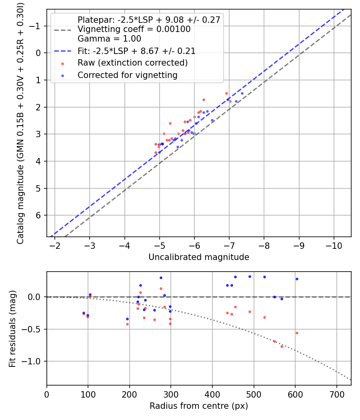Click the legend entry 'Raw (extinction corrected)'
tap(132, 63)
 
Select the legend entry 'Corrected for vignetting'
tap(127, 75)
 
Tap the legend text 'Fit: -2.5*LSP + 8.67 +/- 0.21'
tap(136, 51)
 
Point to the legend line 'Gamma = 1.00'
tap(109, 39)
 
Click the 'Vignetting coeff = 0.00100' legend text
tap(134, 29)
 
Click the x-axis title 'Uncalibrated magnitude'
tap(199, 257)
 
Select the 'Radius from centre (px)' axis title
tap(199, 406)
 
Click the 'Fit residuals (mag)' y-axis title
tap(12, 328)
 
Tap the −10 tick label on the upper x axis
tap(334, 245)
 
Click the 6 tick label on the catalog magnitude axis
tap(38, 215)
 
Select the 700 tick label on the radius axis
tap(336, 394)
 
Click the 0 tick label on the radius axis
tap(47, 394)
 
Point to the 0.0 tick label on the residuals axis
tap(35, 297)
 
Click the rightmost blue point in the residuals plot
tap(297, 279)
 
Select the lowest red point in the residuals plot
tap(282, 346)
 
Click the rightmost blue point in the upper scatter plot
tap(242, 93)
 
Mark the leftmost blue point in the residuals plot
tap(84, 313)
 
